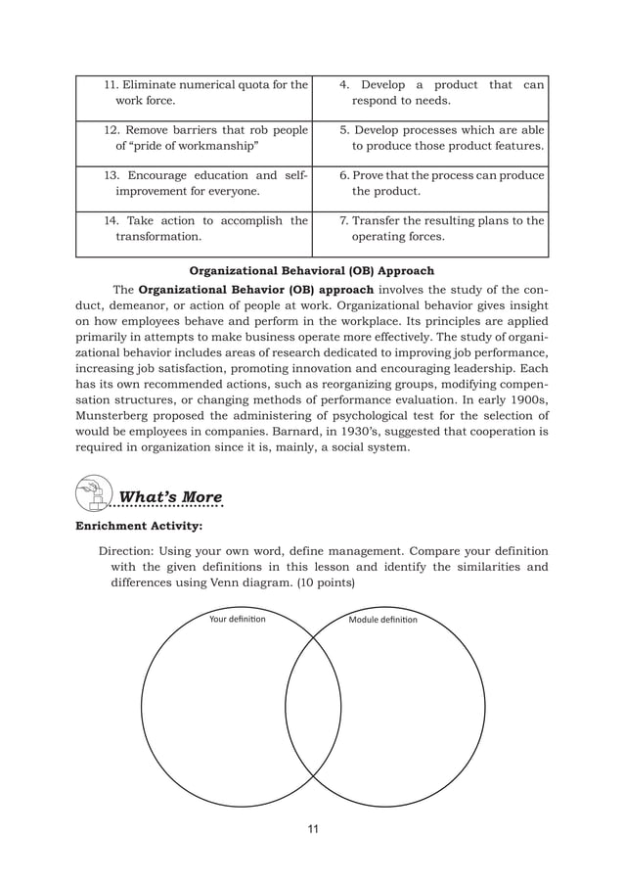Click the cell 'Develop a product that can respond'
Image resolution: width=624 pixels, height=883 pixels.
tap(429, 93)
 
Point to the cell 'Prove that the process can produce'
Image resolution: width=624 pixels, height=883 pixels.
tap(429, 184)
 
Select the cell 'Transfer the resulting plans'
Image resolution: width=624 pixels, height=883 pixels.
tap(429, 229)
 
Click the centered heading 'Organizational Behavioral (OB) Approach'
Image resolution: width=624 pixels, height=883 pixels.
tap(311, 270)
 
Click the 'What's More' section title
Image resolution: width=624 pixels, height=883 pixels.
tap(170, 495)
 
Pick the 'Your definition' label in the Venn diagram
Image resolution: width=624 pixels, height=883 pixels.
tap(237, 619)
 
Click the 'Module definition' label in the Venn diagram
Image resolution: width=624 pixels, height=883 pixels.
tap(382, 620)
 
